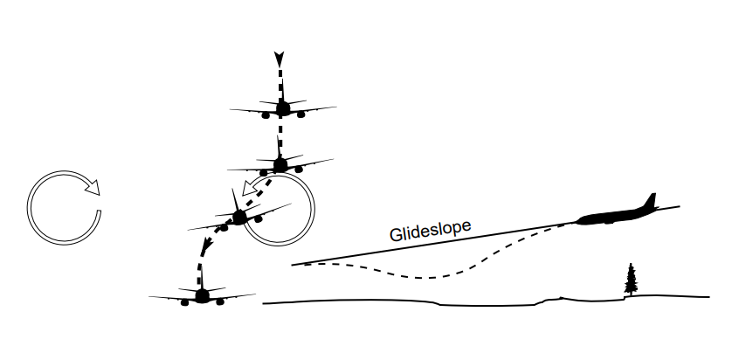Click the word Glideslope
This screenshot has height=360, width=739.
(431, 230)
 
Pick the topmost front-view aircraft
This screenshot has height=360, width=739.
(282, 107)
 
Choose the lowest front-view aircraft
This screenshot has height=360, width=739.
(203, 295)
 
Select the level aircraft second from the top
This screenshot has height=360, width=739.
(280, 163)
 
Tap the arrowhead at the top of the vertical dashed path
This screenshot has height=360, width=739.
(279, 59)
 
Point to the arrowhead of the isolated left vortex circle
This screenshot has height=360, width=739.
(93, 186)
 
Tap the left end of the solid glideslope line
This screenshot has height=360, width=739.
(293, 264)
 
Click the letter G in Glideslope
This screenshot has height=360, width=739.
(394, 235)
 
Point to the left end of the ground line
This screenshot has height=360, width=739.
(264, 303)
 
